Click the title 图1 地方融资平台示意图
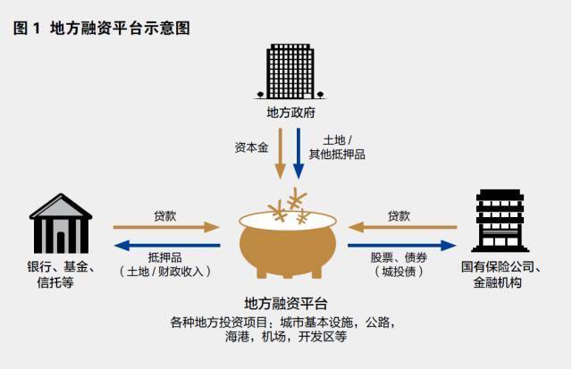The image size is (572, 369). (x=102, y=28)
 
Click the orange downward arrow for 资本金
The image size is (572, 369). (x=280, y=152)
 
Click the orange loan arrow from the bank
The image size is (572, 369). (x=166, y=227)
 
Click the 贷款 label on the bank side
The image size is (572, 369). (x=165, y=215)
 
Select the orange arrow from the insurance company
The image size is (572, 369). (x=401, y=227)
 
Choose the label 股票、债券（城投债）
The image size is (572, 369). (x=400, y=264)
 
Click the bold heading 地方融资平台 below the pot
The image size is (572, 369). (x=285, y=304)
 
